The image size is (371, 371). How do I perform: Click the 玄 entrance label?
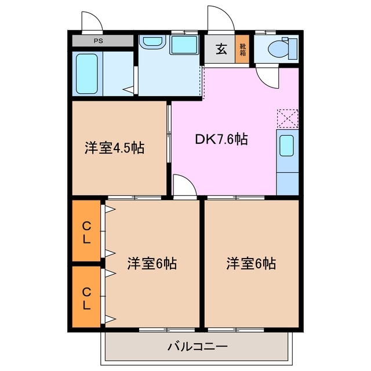coord(221,49)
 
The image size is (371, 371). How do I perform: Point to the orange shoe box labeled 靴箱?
coord(242,50)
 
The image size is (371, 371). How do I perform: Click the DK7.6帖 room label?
coord(221,139)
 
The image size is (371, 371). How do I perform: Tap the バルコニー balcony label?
coord(197,347)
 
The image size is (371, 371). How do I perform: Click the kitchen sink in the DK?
coord(287,146)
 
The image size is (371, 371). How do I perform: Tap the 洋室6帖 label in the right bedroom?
coord(251,264)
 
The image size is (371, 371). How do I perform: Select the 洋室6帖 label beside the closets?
coord(152,264)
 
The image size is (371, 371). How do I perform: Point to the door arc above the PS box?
coord(92,21)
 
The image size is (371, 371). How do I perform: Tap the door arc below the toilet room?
coord(268,77)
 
